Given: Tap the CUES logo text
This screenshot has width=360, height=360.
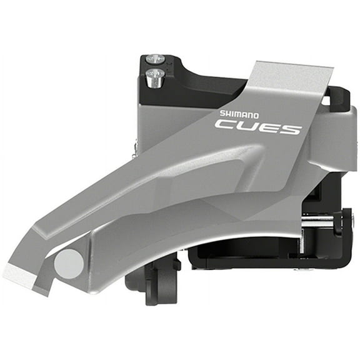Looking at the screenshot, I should [258, 127].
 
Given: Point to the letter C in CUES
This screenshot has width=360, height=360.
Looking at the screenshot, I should [224, 124].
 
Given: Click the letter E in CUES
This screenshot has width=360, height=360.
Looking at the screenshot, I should [269, 127].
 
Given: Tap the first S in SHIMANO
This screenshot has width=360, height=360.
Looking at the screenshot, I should [221, 112].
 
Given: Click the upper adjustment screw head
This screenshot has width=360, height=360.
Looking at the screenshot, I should [154, 60].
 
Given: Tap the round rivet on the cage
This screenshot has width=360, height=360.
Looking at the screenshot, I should [69, 264].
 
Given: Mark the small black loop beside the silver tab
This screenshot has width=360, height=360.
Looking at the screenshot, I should [338, 100].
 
